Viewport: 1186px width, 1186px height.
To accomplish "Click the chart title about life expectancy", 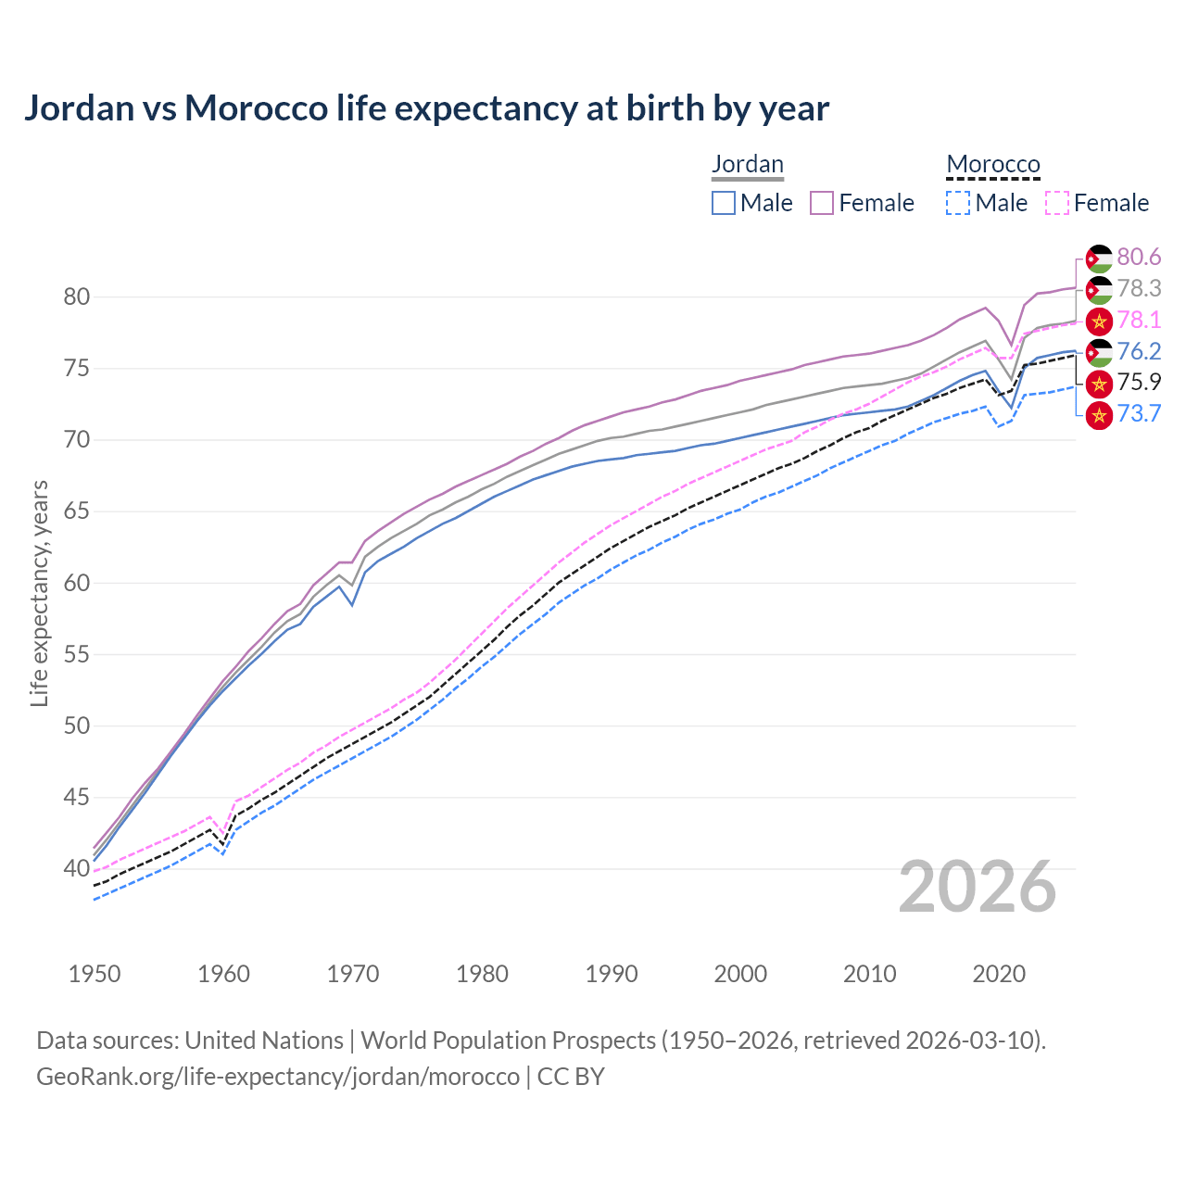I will [426, 108].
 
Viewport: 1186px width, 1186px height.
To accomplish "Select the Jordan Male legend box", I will [724, 203].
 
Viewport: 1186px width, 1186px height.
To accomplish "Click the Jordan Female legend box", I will [822, 203].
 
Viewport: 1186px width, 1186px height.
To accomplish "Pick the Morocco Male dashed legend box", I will [958, 203].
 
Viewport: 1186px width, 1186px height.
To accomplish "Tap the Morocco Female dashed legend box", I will [1057, 203].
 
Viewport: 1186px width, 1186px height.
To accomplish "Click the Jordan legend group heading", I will [748, 164].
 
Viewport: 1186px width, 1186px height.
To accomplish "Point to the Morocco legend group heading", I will [993, 164].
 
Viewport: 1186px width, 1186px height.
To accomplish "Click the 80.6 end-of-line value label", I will [1139, 257].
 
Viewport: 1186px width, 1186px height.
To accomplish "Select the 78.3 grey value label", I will [1139, 288].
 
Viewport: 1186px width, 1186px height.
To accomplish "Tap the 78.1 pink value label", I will [1139, 320].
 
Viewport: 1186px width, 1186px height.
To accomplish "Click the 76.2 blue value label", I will [1139, 351].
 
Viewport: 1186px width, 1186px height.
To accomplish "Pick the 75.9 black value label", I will [1139, 383].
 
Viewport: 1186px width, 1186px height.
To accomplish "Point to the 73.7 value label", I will [1139, 413].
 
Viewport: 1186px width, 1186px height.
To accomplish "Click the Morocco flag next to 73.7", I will [1099, 415].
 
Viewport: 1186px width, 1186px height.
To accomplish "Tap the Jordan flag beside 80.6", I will [1099, 259].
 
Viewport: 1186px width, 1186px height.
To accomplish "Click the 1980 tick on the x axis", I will [483, 974].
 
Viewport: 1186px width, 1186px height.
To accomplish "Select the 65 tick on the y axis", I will [77, 511].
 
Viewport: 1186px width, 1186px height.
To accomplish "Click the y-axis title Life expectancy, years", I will [39, 594].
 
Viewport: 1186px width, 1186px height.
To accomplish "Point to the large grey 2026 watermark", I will [977, 888].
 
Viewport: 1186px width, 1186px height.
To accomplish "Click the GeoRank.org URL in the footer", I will [278, 1077].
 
